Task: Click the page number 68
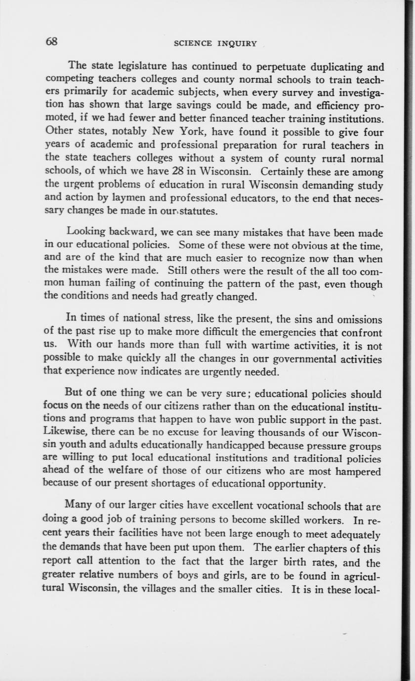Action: coord(51,41)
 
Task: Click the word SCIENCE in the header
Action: coord(193,43)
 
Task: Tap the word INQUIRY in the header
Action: coord(237,43)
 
